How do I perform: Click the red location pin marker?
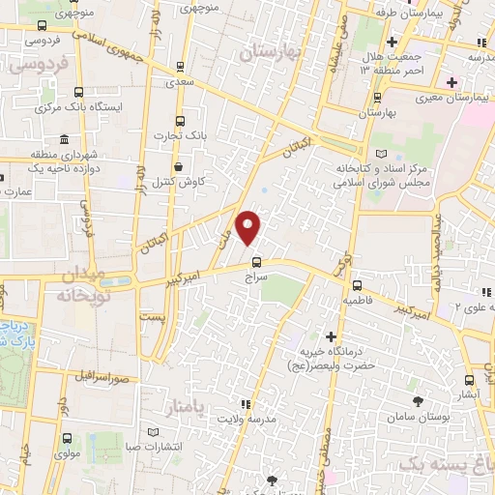(x=249, y=227)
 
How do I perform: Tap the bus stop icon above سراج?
(x=256, y=261)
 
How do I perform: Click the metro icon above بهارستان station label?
(x=377, y=97)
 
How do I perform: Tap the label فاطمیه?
(x=357, y=301)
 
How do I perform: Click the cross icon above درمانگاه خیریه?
(x=332, y=337)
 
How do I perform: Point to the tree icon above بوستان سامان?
(x=418, y=400)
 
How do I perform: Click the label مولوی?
(x=68, y=453)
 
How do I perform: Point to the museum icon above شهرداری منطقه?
(x=64, y=139)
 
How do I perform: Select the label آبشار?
(x=470, y=394)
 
